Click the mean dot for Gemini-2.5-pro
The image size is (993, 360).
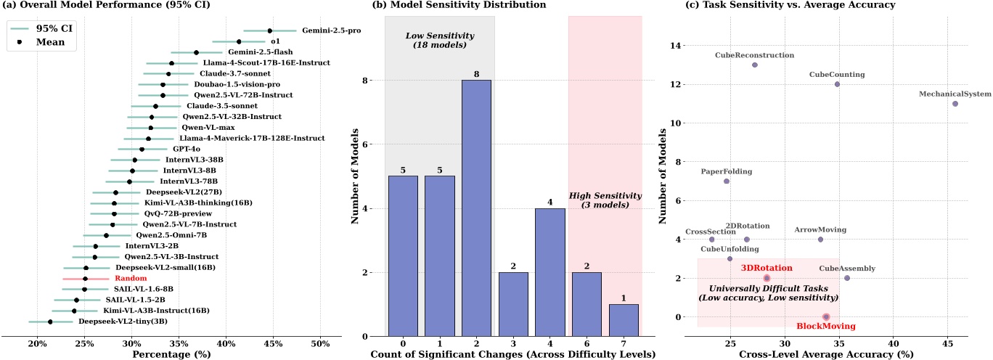pos(269,30)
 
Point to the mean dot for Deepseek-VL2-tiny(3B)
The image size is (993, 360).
pos(50,322)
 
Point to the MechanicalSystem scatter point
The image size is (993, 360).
pos(955,104)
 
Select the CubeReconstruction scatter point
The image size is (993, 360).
pos(755,65)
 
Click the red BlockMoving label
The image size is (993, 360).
pos(825,327)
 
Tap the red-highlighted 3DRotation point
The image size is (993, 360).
pos(767,278)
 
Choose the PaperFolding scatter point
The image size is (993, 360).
pos(726,181)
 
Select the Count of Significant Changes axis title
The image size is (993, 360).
pos(513,353)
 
